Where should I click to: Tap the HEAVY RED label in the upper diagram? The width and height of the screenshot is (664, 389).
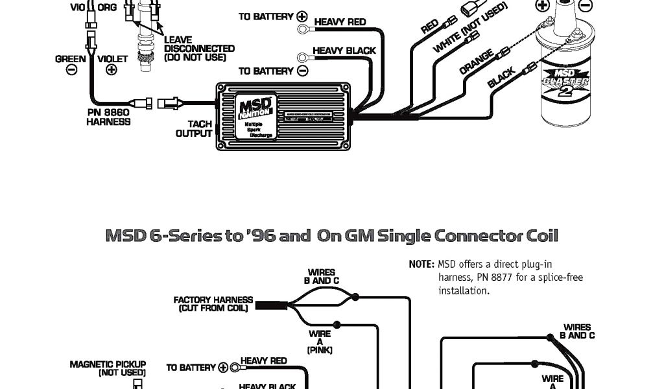pos(340,22)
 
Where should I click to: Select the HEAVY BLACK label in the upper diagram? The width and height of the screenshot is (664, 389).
pos(344,51)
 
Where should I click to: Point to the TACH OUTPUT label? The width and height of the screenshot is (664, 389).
pos(195,128)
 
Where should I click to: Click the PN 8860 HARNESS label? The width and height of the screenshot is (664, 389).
pos(108,117)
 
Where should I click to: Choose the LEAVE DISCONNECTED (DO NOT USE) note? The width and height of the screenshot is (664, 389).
pos(199,49)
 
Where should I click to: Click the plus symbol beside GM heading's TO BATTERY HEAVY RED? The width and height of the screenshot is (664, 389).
pos(224,368)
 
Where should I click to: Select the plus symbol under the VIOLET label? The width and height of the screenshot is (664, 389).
pos(112,69)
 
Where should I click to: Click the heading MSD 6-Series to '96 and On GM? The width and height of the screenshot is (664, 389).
pos(331,235)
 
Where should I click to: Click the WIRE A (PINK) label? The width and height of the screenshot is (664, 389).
pos(320,342)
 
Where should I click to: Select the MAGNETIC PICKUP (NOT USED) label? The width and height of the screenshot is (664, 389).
pos(108,368)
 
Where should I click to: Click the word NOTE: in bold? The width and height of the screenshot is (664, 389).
pos(421,265)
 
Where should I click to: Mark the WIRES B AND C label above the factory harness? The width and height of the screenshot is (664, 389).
pos(322,277)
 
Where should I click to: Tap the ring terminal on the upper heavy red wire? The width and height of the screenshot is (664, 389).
pos(302,29)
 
